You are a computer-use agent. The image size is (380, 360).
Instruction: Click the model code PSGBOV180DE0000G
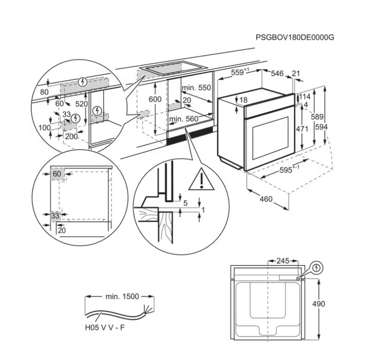[x=295, y=37]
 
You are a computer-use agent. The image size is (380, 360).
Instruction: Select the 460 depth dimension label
[x=266, y=199]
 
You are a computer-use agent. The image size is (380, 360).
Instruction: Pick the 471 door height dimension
[x=302, y=129]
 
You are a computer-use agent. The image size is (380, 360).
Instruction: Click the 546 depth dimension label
[x=277, y=74]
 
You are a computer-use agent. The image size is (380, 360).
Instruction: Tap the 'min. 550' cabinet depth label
[x=196, y=88]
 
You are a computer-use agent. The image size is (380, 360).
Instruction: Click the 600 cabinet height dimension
[x=155, y=99]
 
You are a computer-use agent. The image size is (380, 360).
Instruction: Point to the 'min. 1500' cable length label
[x=122, y=296]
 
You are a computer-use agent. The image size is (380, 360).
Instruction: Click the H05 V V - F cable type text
[x=105, y=327]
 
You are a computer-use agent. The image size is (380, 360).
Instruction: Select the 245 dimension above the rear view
[x=283, y=261]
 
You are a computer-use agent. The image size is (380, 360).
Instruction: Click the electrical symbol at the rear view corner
[x=316, y=268]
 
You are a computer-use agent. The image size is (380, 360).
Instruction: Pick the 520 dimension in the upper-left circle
[x=81, y=103]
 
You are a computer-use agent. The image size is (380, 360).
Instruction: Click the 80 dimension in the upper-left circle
[x=44, y=92]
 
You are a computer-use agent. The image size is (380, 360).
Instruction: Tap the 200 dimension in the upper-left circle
[x=71, y=136]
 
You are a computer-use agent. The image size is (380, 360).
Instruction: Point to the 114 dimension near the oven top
[x=304, y=97]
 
